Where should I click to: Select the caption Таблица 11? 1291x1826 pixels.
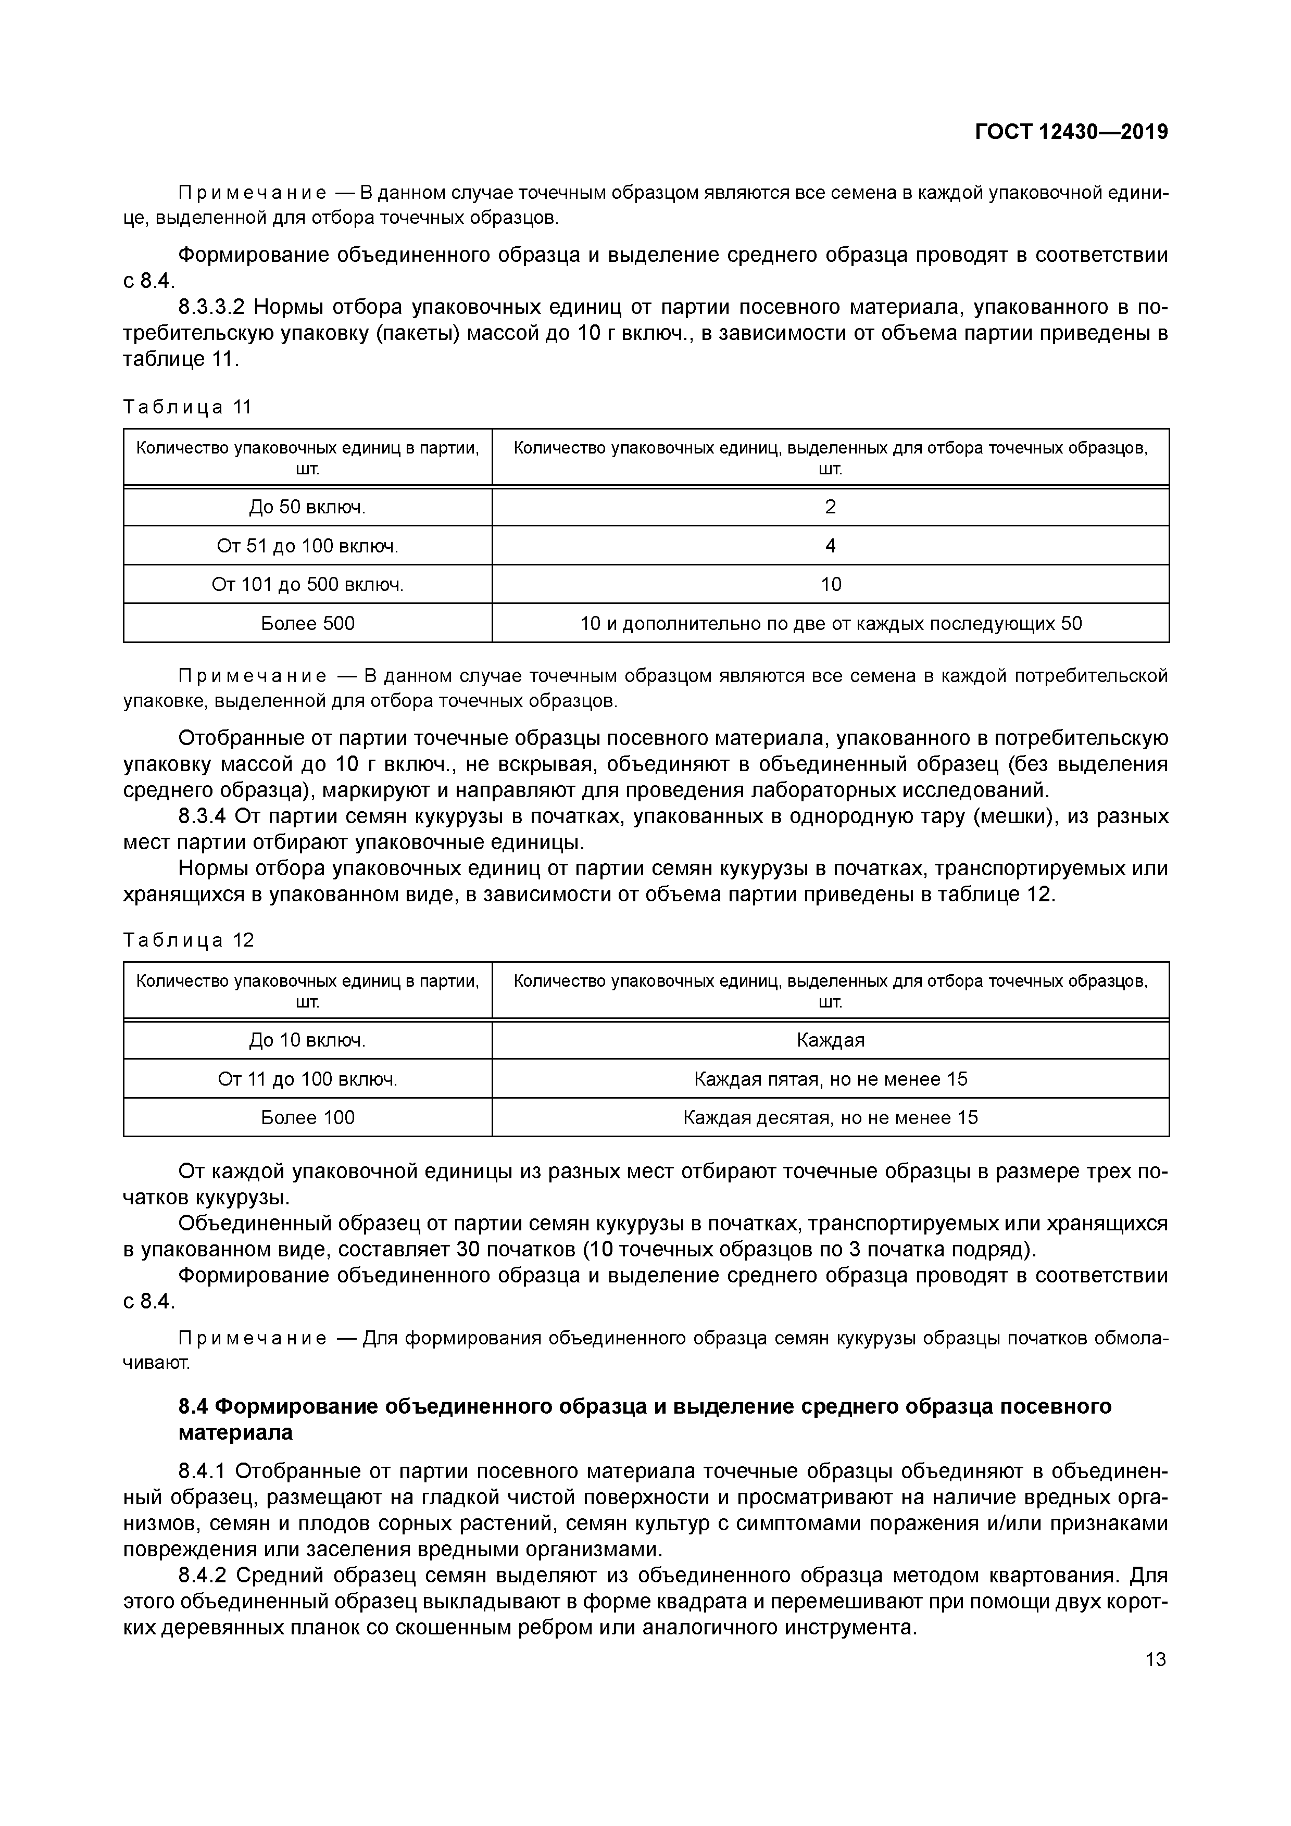(187, 407)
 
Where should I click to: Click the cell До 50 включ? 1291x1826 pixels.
(307, 507)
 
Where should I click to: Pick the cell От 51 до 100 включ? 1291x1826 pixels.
(307, 546)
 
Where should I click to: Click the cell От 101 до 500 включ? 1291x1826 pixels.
(307, 585)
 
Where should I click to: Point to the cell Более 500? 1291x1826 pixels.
(307, 624)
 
